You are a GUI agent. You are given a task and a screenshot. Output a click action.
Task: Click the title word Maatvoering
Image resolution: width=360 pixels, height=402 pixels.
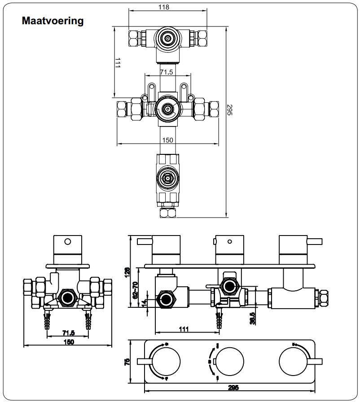coord(53,21)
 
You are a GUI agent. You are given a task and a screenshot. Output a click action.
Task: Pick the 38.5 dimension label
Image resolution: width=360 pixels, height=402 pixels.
coord(253,318)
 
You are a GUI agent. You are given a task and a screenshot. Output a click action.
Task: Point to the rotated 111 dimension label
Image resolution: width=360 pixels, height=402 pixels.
coord(117,63)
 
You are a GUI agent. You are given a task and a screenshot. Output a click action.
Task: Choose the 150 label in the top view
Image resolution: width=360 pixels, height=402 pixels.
coord(167,140)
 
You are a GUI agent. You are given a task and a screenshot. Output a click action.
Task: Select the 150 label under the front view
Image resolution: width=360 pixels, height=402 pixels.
coord(68,342)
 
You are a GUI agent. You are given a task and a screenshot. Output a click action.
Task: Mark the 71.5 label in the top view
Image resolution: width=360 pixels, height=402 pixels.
coord(167,72)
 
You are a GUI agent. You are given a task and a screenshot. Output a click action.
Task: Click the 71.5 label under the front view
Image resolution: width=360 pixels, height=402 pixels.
coord(68,332)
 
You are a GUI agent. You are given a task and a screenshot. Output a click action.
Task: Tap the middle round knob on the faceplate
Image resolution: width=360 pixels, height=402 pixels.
coord(230,361)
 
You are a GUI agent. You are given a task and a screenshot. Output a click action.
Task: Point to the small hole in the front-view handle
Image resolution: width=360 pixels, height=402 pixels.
coord(67,242)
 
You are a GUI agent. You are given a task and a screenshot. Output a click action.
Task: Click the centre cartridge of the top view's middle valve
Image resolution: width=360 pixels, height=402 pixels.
coord(168,108)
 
